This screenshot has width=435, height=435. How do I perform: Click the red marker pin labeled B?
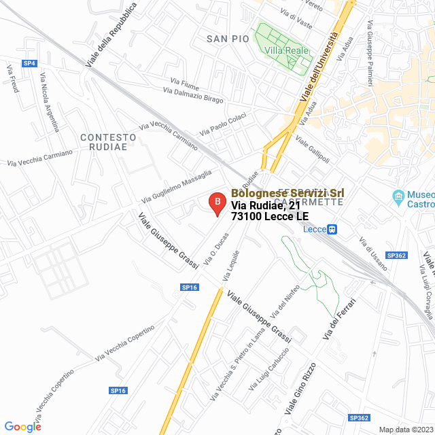pos(216,203)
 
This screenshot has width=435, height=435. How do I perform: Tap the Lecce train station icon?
pos(332,229)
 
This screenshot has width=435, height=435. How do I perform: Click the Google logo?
pos(22,426)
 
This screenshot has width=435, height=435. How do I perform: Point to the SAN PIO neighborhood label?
pos(228,39)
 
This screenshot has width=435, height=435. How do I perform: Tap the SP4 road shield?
pos(29,63)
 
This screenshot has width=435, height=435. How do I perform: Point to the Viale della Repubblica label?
pos(111,34)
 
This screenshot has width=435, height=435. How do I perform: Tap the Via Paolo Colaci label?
pos(222,124)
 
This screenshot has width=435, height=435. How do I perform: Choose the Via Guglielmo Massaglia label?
pos(176,186)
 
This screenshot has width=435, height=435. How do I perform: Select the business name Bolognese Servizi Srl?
pos(288,193)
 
